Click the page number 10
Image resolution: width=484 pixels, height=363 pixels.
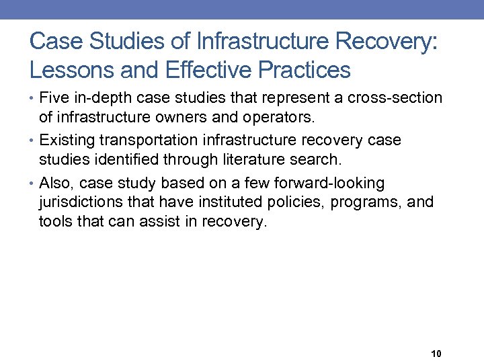point(435,354)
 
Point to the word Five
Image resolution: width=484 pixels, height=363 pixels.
point(53,98)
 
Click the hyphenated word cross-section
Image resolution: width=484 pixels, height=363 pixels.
point(395,98)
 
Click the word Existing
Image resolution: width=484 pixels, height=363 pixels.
point(68,140)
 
